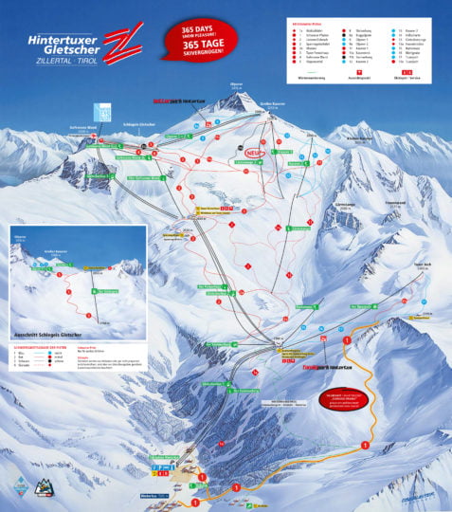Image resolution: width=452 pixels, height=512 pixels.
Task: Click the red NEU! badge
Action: [252, 151]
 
